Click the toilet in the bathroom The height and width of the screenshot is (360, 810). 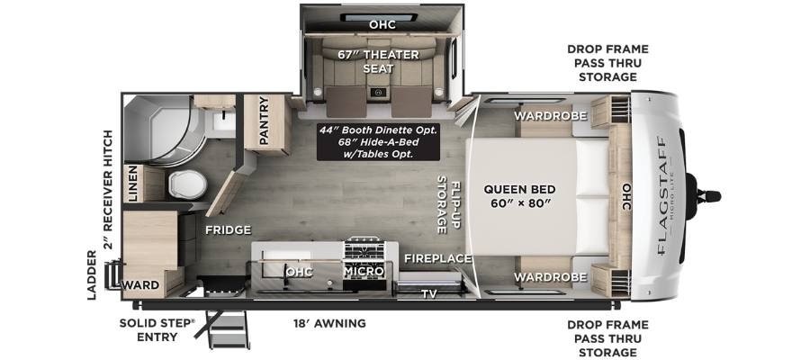pyautogui.click(x=187, y=184)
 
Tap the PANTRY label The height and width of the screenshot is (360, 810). pyautogui.click(x=264, y=121)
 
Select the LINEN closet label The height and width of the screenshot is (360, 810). pyautogui.click(x=133, y=184)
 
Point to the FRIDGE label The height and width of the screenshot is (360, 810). pyautogui.click(x=228, y=229)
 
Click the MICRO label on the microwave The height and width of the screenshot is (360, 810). pyautogui.click(x=364, y=271)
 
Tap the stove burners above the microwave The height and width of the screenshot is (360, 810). pyautogui.click(x=364, y=250)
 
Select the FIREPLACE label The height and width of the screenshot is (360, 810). pyautogui.click(x=438, y=258)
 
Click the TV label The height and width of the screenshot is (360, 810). pyautogui.click(x=428, y=294)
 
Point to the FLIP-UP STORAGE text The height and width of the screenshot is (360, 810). pyautogui.click(x=449, y=205)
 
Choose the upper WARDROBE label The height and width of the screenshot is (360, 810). pyautogui.click(x=550, y=116)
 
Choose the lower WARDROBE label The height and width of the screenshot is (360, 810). pyautogui.click(x=550, y=277)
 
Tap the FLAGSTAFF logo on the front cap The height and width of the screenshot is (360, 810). pyautogui.click(x=664, y=196)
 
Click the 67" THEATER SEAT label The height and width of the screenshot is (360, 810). pyautogui.click(x=379, y=61)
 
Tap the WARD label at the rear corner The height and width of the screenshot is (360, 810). pyautogui.click(x=140, y=285)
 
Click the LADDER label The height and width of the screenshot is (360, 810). pyautogui.click(x=92, y=274)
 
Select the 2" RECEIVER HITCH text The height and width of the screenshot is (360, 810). pyautogui.click(x=108, y=190)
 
